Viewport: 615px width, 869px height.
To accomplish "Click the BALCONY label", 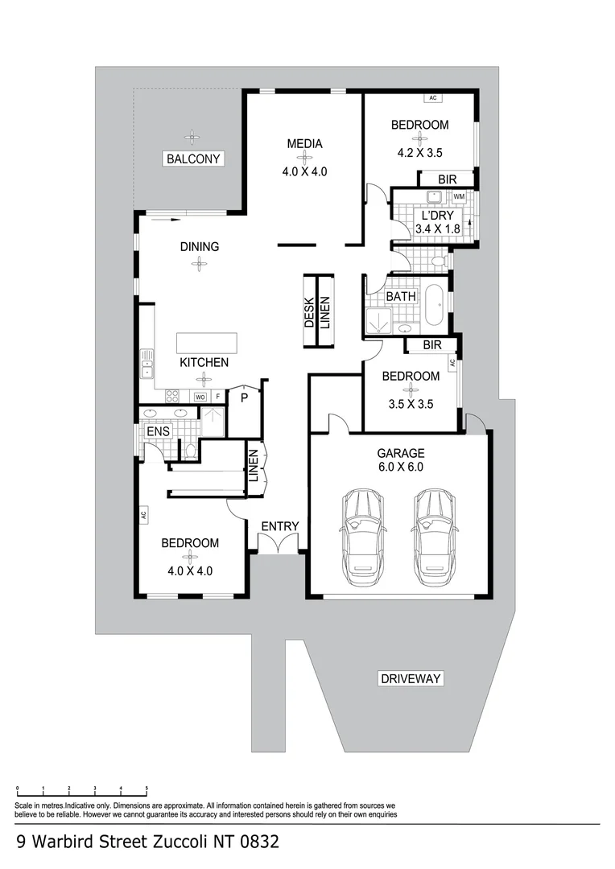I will point(192,159).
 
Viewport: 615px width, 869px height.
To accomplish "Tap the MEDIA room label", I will point(304,144).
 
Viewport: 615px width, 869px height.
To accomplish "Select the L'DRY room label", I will point(438,216).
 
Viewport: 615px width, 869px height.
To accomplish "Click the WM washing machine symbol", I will point(459,196).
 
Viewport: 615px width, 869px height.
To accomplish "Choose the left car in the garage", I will point(362,535).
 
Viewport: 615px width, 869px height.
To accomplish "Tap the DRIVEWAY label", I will point(411,678).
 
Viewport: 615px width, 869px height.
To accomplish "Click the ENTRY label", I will point(279,526).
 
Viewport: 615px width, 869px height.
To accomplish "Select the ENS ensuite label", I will point(157,432).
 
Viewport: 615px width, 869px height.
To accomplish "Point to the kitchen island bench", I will point(208,342).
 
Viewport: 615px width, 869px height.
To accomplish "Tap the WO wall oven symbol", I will point(200,397).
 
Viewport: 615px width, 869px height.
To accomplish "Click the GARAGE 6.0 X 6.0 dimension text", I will point(400,466).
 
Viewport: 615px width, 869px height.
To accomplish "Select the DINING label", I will point(199,247).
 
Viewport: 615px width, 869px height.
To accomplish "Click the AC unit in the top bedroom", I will point(432,98).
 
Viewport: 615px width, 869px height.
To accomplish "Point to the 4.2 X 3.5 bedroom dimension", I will point(419,151).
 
